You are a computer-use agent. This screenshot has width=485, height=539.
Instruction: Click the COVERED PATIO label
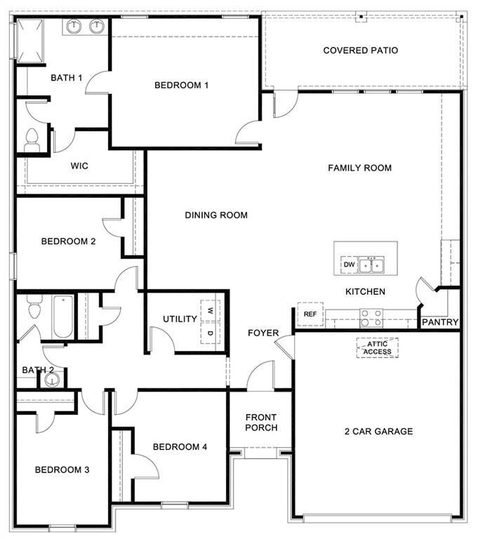[x=360, y=51]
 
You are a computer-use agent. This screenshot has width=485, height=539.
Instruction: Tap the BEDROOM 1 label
[x=182, y=86]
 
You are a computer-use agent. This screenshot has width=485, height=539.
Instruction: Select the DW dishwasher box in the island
[x=348, y=265]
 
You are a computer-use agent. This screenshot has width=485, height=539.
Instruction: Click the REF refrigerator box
[x=310, y=314]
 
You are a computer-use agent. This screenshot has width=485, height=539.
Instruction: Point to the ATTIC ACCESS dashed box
[x=377, y=347]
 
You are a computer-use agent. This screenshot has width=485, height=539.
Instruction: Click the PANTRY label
[x=440, y=322]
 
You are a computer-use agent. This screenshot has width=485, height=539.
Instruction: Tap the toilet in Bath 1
[x=32, y=141]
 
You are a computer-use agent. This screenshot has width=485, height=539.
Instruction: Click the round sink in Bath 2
[x=51, y=381]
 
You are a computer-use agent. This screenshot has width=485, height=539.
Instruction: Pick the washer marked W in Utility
[x=211, y=310]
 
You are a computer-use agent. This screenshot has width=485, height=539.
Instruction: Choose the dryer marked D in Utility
[x=211, y=332]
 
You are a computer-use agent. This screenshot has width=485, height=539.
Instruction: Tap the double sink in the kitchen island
[x=371, y=265]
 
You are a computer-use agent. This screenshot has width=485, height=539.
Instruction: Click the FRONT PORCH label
[x=261, y=422]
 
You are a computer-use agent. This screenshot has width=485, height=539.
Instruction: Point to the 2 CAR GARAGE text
[x=378, y=432]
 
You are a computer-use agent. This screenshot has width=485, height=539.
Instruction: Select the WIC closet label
[x=79, y=166]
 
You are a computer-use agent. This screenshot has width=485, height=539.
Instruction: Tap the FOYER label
[x=263, y=333]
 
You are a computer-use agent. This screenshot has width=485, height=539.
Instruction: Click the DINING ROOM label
[x=216, y=215]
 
